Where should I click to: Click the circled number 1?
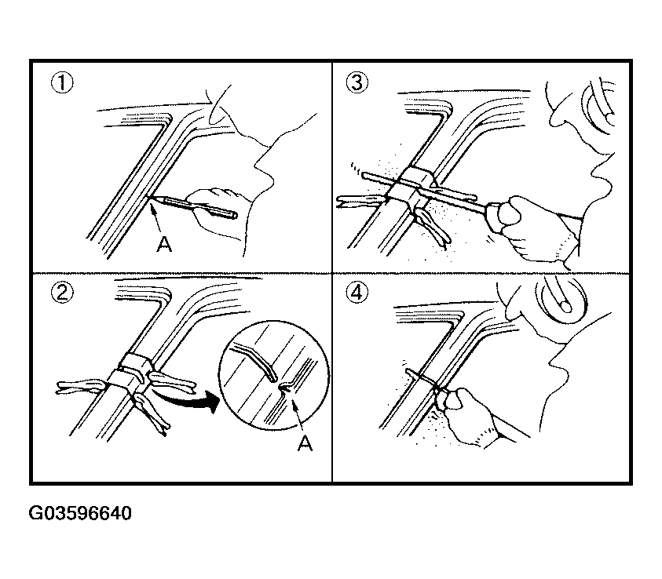pos(62,83)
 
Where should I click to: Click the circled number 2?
pos(62,292)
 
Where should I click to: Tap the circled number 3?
pos(357,82)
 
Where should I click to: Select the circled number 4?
pos(357,292)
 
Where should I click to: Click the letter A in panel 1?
pos(164,244)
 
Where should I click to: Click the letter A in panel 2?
pos(305,442)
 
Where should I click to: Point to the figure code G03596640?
pos(80,513)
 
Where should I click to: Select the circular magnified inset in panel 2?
pos(274,375)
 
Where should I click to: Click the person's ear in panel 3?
pos(598,107)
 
